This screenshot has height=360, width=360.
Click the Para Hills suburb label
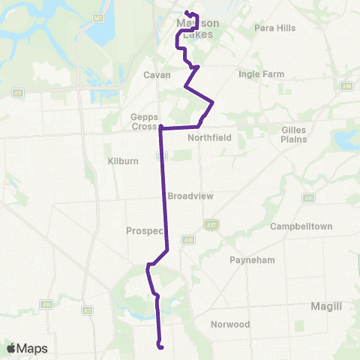275,28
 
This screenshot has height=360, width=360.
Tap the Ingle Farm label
259,74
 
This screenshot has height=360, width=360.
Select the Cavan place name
157,75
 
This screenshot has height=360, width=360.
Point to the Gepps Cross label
143,121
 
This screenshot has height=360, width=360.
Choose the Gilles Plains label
294,135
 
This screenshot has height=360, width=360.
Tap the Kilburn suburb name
119,161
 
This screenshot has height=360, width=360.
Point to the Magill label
326,306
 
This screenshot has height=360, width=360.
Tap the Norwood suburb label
229,325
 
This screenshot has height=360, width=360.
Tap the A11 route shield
308,198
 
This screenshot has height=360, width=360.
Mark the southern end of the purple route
160,346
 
